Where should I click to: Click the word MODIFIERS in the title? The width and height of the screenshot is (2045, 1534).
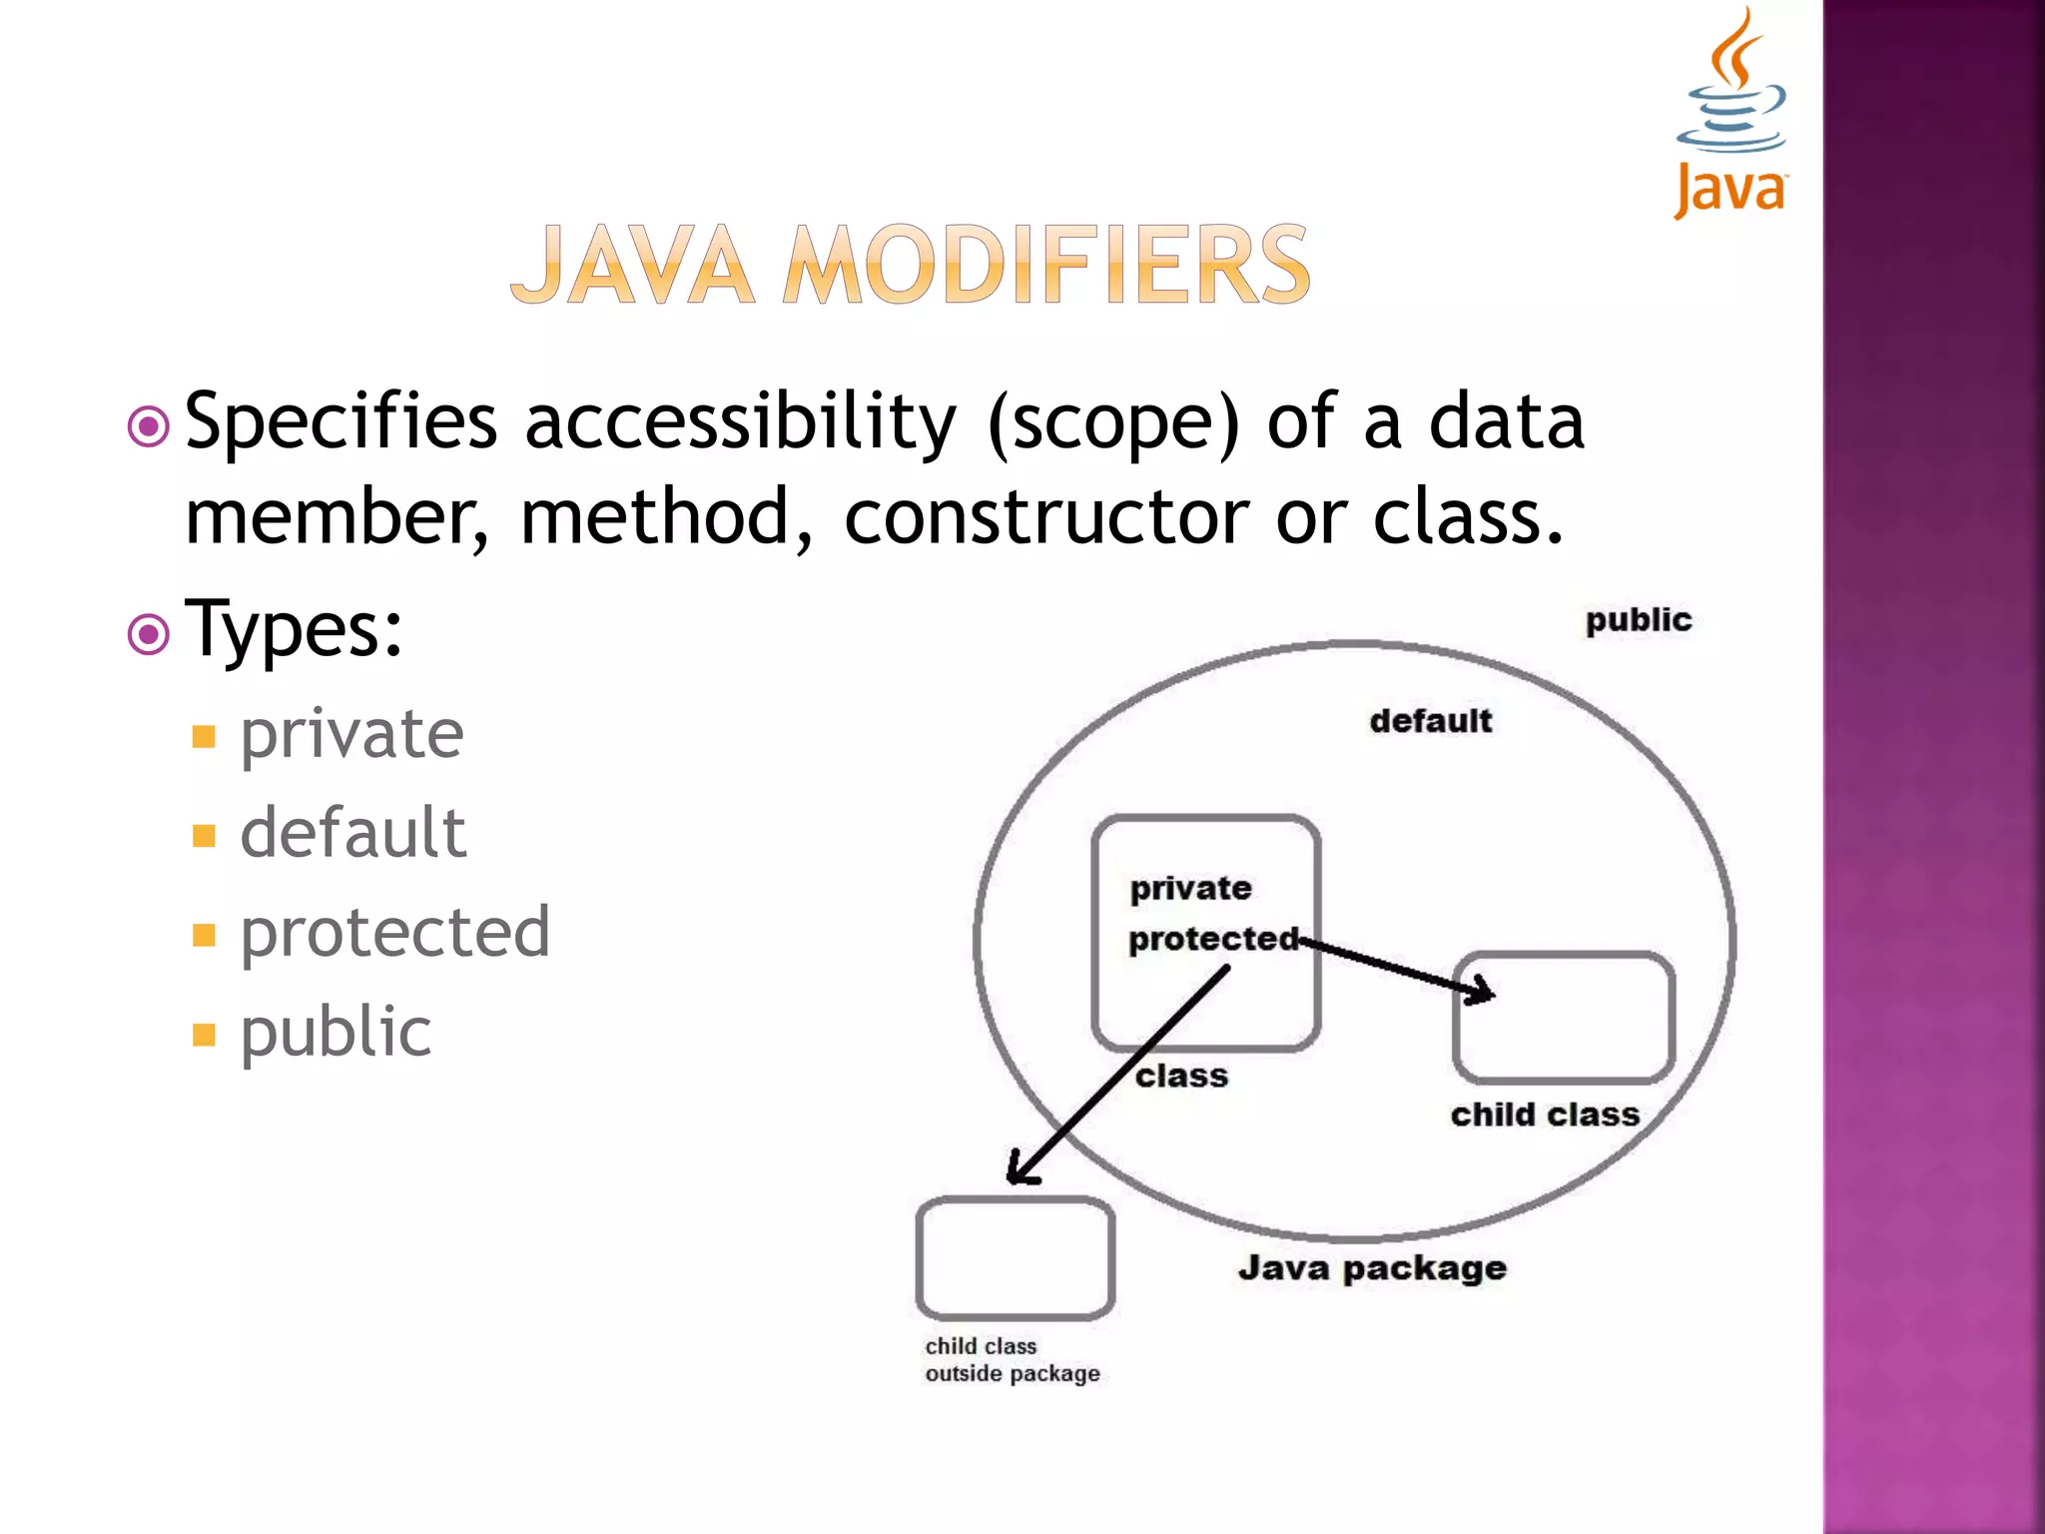click(1045, 266)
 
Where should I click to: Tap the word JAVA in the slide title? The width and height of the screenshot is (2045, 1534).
click(632, 266)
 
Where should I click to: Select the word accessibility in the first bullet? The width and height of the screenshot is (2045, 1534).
click(740, 422)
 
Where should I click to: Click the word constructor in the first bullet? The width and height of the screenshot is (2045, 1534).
click(1045, 517)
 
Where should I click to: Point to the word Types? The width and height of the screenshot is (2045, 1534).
click(294, 630)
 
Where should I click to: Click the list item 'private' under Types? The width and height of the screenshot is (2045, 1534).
click(351, 734)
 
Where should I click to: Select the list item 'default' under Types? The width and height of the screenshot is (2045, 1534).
click(352, 833)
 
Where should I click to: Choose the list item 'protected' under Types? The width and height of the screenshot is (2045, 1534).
click(394, 933)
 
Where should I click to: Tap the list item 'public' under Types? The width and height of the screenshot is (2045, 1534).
click(336, 1032)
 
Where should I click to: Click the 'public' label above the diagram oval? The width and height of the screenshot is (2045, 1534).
click(1638, 620)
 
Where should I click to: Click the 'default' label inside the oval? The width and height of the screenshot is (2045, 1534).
click(1430, 721)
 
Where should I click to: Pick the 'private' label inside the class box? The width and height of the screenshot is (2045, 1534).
click(1190, 888)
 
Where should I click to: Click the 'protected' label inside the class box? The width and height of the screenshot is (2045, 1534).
click(1213, 939)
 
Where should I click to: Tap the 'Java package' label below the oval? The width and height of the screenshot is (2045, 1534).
click(1372, 1268)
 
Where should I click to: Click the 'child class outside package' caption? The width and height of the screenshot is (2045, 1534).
click(1012, 1360)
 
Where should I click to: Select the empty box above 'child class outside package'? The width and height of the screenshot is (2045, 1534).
click(1015, 1258)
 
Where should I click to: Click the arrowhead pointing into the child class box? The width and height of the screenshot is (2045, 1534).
click(1481, 992)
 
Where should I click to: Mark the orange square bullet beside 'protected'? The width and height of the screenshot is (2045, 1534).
click(204, 935)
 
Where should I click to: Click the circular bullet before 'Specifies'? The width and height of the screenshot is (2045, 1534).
click(149, 427)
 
